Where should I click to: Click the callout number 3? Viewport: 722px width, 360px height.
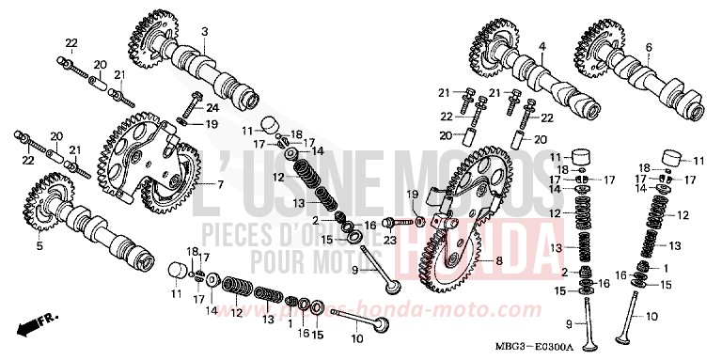point(204,32)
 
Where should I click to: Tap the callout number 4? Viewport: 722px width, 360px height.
point(542,46)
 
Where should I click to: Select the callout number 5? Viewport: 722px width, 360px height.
point(39,246)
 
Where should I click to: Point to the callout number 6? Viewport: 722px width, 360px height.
point(649,46)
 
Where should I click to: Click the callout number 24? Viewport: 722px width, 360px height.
point(213,108)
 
